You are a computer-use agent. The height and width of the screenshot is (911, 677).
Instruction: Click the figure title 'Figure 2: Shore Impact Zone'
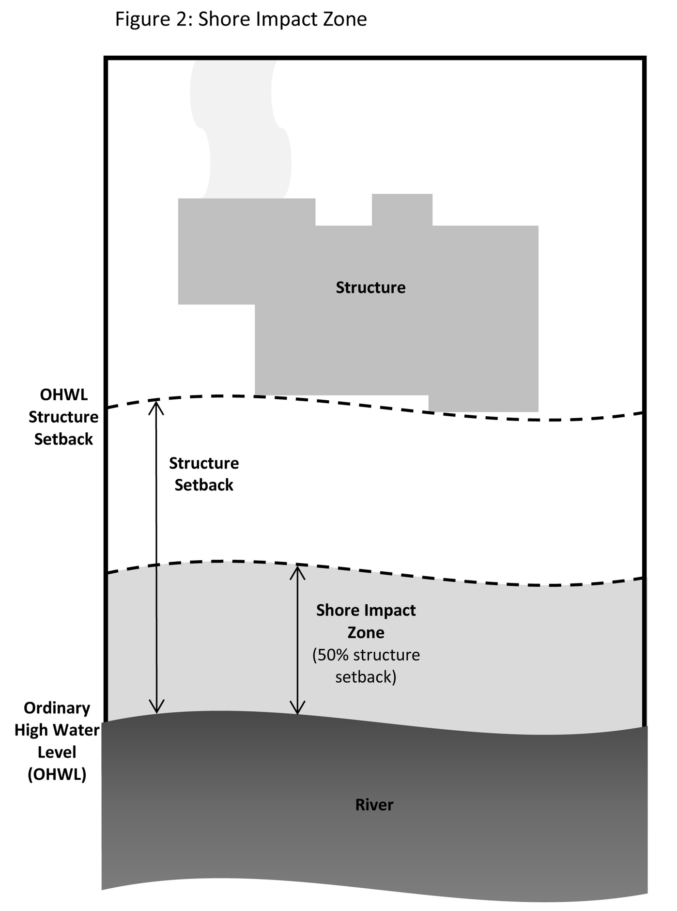point(241,19)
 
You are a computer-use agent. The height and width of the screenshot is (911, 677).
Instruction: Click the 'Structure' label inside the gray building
point(370,287)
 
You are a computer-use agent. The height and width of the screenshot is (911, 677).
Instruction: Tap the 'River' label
point(374,805)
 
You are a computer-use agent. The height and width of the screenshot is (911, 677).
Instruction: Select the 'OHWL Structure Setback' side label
point(63,417)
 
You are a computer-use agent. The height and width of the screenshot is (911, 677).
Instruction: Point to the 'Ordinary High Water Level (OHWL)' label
point(57,741)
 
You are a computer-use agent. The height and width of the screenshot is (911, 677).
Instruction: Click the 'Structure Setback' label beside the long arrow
point(204,474)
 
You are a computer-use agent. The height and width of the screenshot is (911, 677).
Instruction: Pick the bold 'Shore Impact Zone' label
point(366,621)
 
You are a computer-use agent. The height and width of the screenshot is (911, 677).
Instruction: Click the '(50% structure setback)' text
point(366,666)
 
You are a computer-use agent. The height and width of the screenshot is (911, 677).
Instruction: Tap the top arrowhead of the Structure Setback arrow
point(156,405)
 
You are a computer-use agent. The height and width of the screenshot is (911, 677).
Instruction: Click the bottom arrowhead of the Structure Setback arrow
point(156,708)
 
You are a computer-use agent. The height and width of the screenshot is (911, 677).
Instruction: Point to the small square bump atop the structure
point(402,209)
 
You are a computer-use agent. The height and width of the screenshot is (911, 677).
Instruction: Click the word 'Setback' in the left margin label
point(63,439)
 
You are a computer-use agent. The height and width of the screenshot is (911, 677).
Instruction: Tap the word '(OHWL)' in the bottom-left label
point(57,774)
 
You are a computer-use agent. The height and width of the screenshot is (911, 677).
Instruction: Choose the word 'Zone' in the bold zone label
point(366,632)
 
